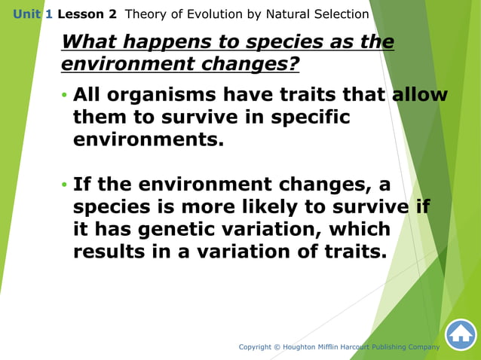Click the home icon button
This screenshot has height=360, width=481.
point(460,335)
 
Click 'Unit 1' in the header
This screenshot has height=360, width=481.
point(32,14)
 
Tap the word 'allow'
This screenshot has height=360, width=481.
point(419,96)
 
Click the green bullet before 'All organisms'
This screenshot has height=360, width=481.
point(64,96)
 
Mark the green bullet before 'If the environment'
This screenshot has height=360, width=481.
point(64,185)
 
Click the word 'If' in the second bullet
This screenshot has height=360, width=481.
point(82,185)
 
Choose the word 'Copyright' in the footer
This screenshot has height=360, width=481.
point(259,347)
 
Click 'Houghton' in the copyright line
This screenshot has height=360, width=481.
point(310,347)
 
